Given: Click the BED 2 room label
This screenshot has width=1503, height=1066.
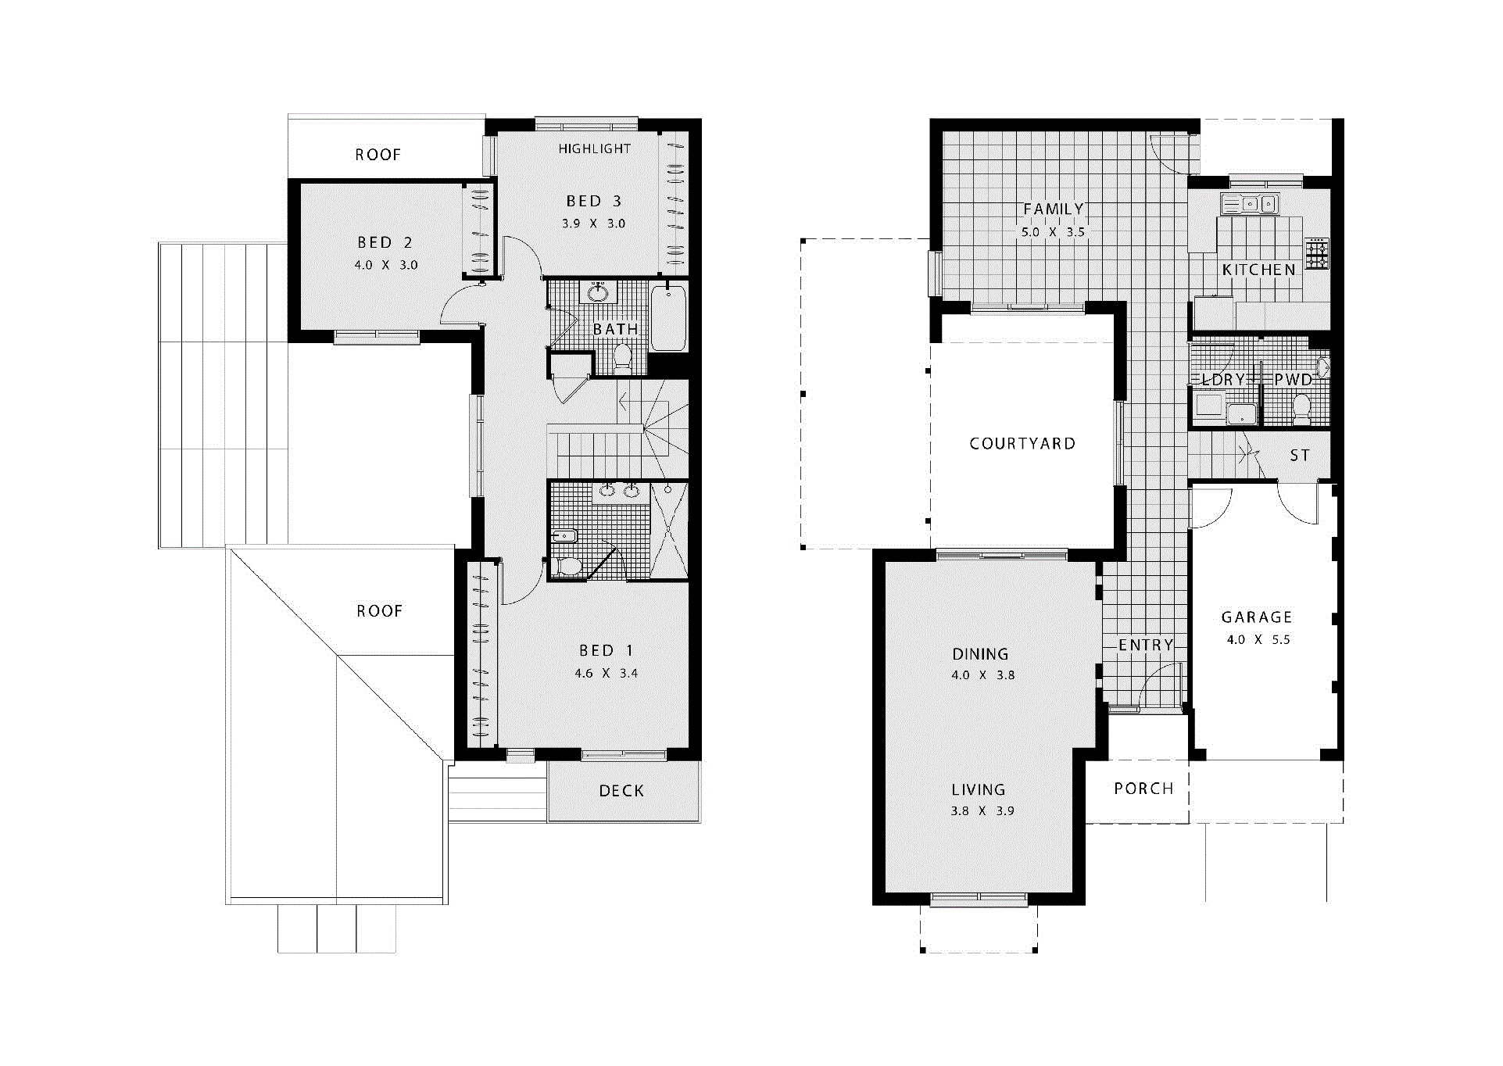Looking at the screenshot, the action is [385, 243].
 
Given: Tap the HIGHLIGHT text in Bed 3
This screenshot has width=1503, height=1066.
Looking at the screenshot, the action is [594, 148].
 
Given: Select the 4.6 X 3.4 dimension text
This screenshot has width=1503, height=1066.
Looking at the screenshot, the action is [606, 673].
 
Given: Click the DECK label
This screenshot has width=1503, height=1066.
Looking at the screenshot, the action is [621, 791].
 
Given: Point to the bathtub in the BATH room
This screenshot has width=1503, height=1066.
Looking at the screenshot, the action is [669, 319].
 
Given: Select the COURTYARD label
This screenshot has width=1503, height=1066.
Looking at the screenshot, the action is [1022, 444].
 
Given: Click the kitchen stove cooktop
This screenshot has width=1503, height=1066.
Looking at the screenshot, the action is [1317, 254].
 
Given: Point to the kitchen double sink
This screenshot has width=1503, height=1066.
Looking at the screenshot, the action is [1250, 204].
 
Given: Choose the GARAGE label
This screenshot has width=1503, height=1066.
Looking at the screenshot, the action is [1257, 617].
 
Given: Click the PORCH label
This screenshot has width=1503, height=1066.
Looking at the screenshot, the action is [1143, 789].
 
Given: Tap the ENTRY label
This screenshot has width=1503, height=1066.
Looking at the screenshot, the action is [1146, 645].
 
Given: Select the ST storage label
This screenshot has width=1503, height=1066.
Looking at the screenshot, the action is [1300, 456].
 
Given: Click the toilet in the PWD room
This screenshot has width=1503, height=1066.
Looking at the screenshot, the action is [1301, 408].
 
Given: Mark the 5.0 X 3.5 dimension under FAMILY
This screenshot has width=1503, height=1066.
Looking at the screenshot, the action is [1053, 232].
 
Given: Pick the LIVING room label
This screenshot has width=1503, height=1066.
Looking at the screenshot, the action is [979, 790].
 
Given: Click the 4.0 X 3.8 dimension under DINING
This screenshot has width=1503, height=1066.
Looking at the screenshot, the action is [982, 675].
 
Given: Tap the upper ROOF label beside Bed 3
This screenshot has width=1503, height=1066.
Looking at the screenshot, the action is [378, 155].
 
